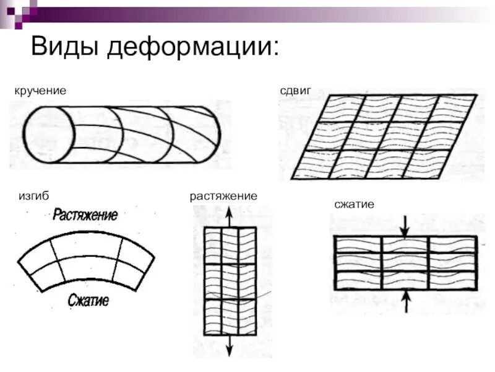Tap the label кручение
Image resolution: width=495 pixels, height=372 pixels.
[40, 91]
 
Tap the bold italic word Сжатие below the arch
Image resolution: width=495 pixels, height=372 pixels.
[88, 301]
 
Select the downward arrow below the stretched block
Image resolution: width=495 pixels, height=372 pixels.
[230, 345]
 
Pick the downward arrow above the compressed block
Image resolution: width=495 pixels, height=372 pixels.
[405, 225]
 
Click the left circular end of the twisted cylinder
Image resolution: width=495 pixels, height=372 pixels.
[49, 134]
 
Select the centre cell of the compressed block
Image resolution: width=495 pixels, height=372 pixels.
[405, 262]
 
